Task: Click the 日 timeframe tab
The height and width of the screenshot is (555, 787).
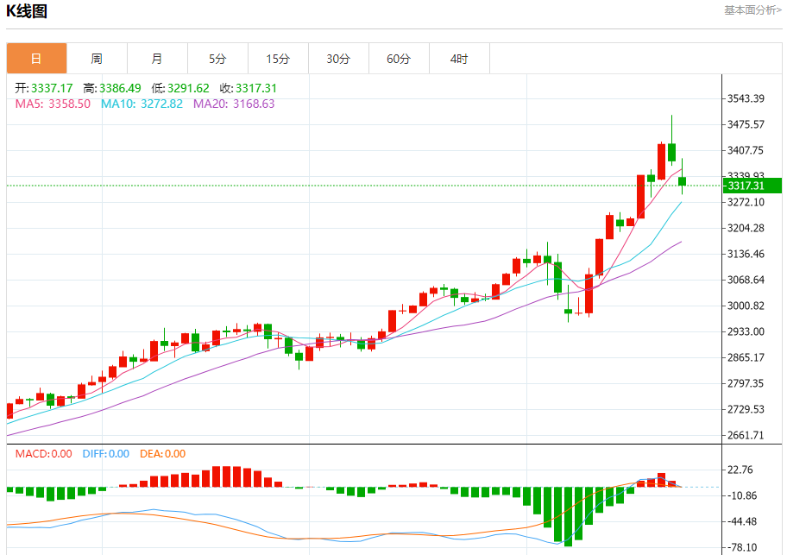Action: click(36, 59)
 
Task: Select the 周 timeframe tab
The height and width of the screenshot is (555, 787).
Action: click(97, 59)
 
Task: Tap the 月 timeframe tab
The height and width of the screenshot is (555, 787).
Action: click(157, 59)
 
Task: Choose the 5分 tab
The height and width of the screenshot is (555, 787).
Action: click(217, 59)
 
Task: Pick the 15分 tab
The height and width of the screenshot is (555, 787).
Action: click(278, 59)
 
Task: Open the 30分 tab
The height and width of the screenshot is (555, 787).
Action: click(338, 59)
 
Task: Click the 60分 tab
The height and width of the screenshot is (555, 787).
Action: click(399, 59)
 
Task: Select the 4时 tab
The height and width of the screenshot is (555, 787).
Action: click(459, 59)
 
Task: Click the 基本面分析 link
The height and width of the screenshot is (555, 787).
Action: click(752, 10)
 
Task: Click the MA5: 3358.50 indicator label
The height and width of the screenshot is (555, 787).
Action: click(53, 104)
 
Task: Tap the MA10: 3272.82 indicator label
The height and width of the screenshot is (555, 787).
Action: click(142, 104)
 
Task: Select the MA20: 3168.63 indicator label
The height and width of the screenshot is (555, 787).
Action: click(234, 104)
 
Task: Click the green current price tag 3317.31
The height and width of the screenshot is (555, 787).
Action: click(749, 186)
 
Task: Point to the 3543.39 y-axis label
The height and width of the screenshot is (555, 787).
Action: click(746, 98)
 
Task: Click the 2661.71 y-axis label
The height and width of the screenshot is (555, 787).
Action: click(746, 435)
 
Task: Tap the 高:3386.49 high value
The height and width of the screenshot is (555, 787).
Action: click(111, 88)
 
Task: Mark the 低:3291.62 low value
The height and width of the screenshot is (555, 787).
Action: click(179, 88)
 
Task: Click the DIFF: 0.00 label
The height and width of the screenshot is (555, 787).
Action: click(105, 454)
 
